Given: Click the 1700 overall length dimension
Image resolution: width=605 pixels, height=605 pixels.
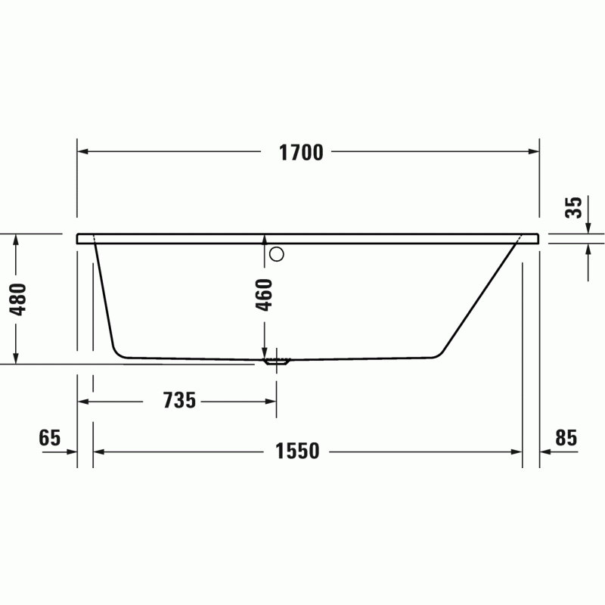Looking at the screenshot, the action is (301, 153).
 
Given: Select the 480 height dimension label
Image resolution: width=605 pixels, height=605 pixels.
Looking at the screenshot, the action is (18, 299).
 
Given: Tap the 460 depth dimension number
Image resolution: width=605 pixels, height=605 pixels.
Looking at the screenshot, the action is (264, 295).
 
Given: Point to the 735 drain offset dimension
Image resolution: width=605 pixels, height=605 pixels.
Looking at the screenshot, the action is (179, 400).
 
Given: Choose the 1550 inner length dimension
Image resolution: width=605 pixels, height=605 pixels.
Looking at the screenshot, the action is (297, 451).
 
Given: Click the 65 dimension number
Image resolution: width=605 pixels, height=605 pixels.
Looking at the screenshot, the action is (50, 438).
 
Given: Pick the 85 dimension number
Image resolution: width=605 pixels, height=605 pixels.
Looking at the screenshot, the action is (566, 438).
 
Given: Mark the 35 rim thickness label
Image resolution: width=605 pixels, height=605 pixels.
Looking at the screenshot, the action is (573, 207).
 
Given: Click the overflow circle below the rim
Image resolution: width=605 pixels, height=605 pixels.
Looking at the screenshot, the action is (277, 254).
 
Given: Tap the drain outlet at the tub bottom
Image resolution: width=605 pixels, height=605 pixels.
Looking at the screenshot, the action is (277, 361).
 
